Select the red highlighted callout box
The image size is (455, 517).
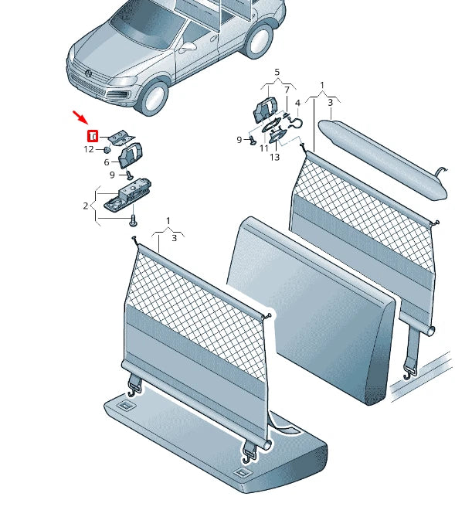point(91,136)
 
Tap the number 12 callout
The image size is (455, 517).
point(88,149)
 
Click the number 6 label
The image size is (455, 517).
point(107,162)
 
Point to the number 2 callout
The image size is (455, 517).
point(86,206)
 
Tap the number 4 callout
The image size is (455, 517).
point(297,102)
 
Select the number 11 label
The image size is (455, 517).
point(263,148)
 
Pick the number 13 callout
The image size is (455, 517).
point(274,157)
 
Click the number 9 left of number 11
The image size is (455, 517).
point(239,139)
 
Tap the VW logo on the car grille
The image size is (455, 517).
point(88,74)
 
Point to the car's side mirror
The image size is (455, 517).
point(188,46)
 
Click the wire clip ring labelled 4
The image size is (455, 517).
point(294,121)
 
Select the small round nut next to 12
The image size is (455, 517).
point(106,149)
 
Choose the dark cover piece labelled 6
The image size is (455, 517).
point(129,155)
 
